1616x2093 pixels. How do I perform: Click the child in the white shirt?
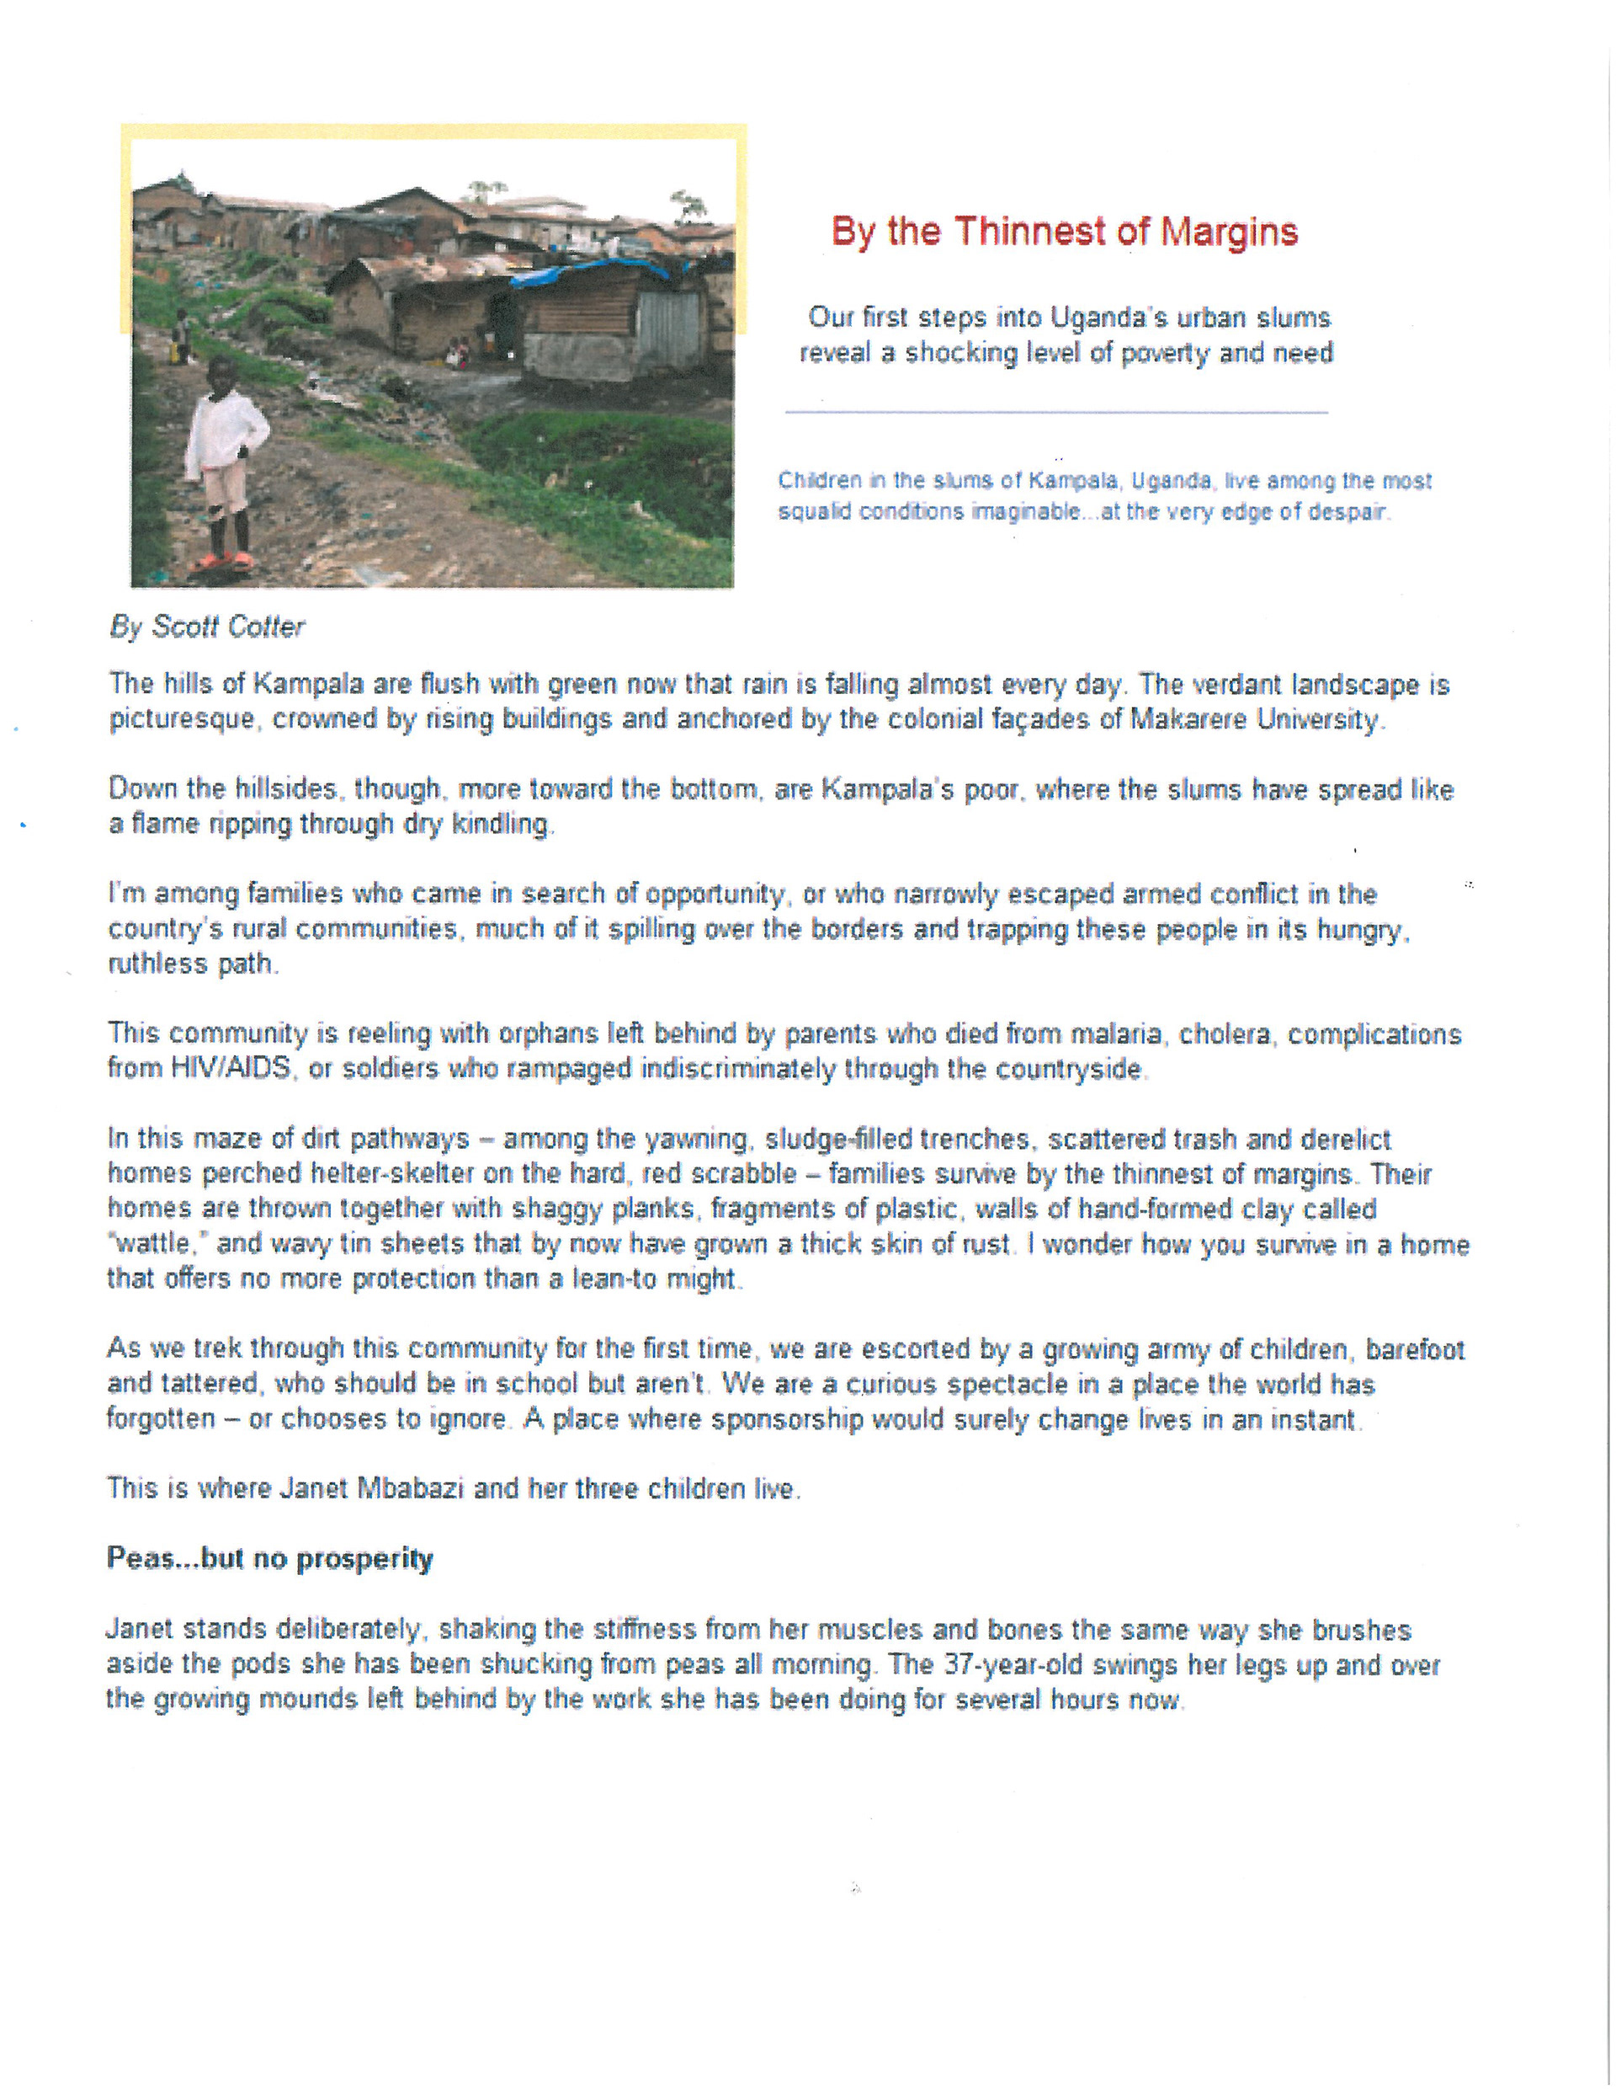tap(224, 451)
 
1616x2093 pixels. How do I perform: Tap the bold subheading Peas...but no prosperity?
tap(269, 1558)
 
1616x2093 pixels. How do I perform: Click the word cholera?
tap(1225, 1034)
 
